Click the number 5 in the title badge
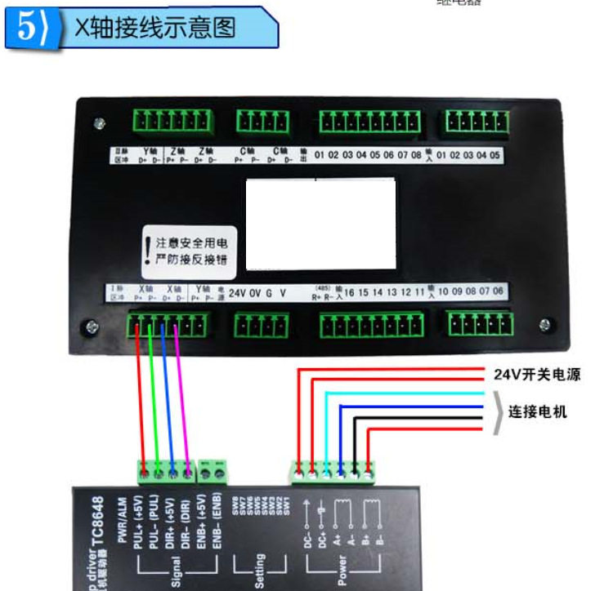tap(25, 28)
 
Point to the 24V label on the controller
tap(237, 292)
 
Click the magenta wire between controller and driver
tap(182, 392)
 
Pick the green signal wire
tap(154, 392)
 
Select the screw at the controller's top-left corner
tap(99, 124)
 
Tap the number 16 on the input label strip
tap(349, 292)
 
